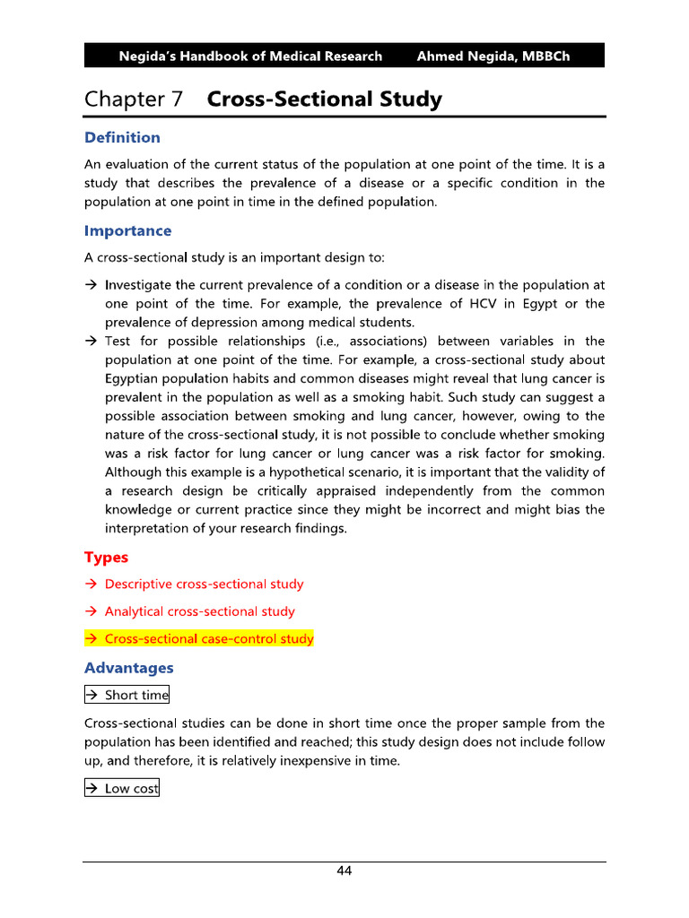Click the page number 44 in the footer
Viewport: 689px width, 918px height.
344,871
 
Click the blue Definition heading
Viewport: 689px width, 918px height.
122,137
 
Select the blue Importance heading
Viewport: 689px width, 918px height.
127,230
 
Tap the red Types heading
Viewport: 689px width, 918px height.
106,558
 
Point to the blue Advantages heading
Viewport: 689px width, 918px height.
128,668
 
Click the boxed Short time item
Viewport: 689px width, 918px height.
126,695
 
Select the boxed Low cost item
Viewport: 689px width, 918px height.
122,789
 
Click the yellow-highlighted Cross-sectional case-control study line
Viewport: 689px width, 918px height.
199,639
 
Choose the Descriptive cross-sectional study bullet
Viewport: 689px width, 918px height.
204,585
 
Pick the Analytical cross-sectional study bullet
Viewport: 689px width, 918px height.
199,611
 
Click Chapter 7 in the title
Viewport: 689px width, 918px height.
134,100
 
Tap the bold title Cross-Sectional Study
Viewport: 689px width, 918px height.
324,100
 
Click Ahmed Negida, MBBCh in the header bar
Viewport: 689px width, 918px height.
493,56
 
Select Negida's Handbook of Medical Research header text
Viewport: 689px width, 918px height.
250,56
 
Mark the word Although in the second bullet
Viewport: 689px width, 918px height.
134,472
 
